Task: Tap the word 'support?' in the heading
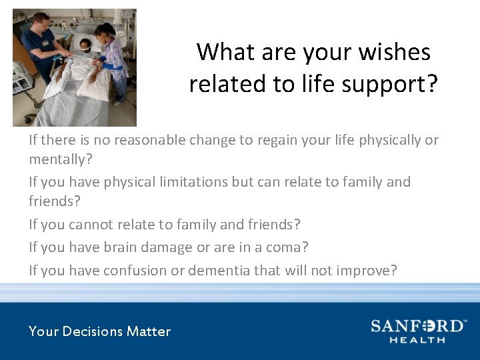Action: pos(395,85)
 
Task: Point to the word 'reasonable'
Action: pos(146,140)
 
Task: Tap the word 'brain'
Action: pos(120,247)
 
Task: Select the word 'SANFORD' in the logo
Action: pos(416,326)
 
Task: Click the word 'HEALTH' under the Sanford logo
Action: pos(417,340)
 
